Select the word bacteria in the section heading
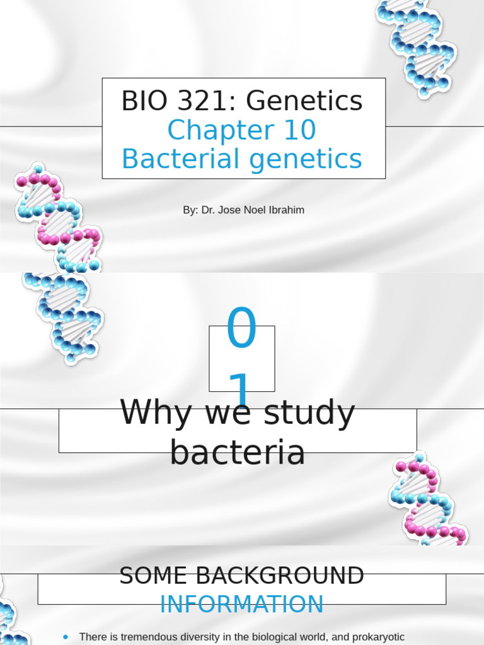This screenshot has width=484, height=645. point(238,452)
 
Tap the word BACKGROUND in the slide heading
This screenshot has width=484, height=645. point(274,576)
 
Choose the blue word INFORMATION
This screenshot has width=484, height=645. point(242,605)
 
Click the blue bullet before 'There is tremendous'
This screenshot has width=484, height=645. point(66,637)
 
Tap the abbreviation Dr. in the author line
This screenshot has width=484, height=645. point(209,210)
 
